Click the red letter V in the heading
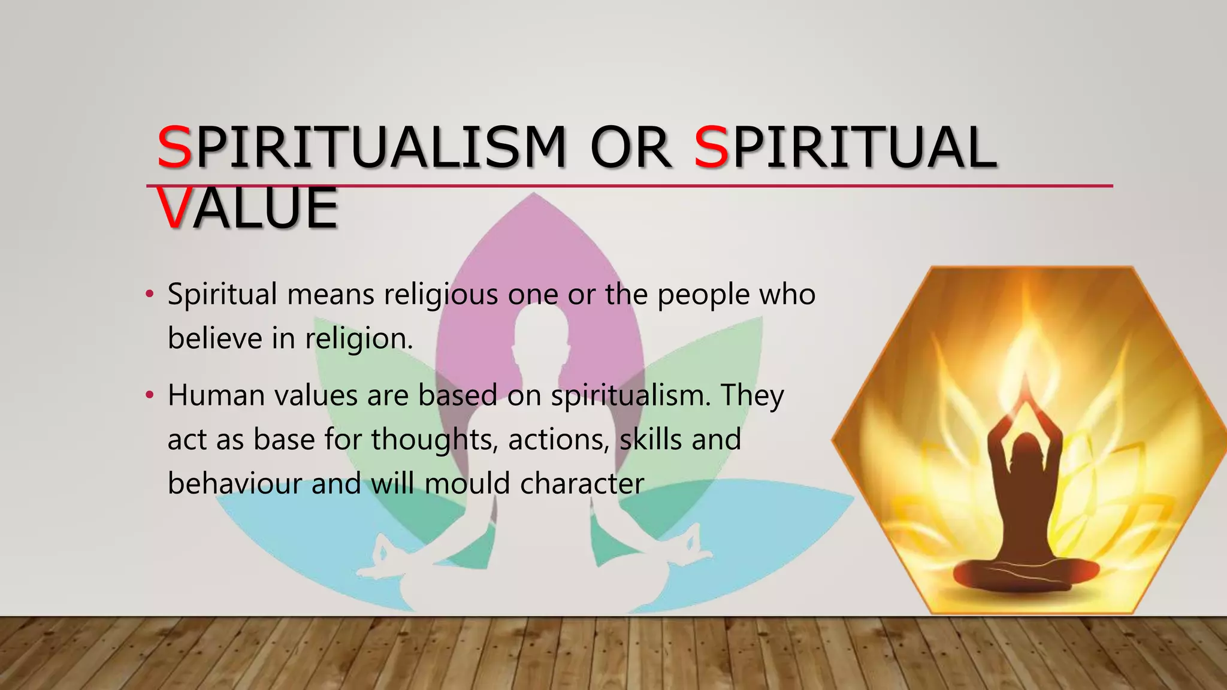pyautogui.click(x=174, y=208)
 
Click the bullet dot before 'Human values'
pyautogui.click(x=150, y=395)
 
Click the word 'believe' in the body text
pyautogui.click(x=215, y=338)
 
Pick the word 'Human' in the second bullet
pyautogui.click(x=216, y=395)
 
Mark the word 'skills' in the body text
pyautogui.click(x=650, y=440)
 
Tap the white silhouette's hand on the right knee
pyautogui.click(x=689, y=542)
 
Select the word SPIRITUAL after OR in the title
pyautogui.click(x=845, y=147)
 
